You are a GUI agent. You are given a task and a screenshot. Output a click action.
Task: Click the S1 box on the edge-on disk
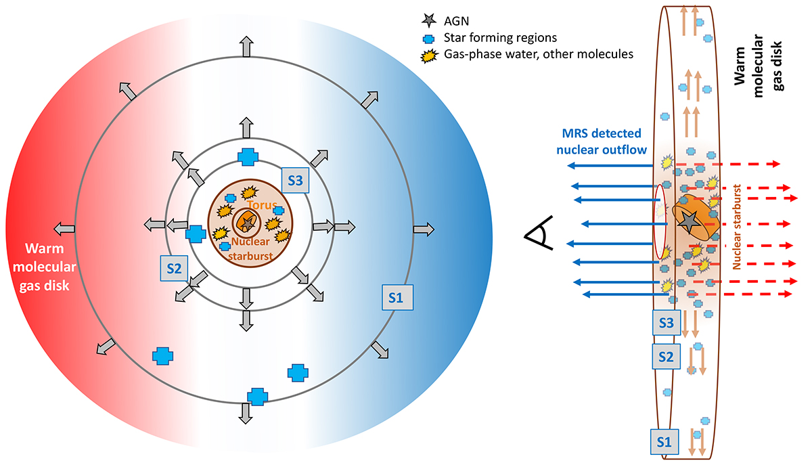[x=664, y=442]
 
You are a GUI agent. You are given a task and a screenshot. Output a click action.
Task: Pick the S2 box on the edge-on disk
[x=666, y=355]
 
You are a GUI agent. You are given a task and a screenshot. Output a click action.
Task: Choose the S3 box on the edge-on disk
[x=666, y=323]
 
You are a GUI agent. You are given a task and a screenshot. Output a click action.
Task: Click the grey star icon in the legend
[x=426, y=21]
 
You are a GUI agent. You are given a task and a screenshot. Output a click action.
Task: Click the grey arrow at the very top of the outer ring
[x=246, y=47]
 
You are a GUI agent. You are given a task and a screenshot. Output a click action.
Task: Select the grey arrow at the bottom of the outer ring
[x=246, y=413]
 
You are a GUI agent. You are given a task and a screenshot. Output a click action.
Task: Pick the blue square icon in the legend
[x=427, y=37]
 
